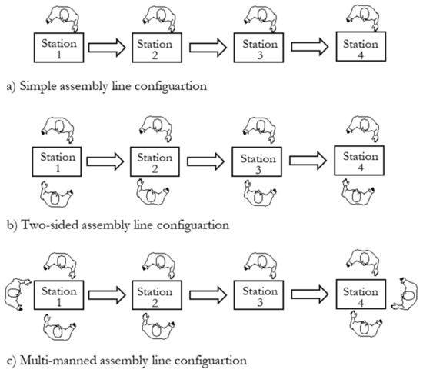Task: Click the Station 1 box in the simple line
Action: tap(58, 47)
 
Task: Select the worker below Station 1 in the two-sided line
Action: tap(56, 193)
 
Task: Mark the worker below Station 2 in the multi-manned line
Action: tap(156, 329)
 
